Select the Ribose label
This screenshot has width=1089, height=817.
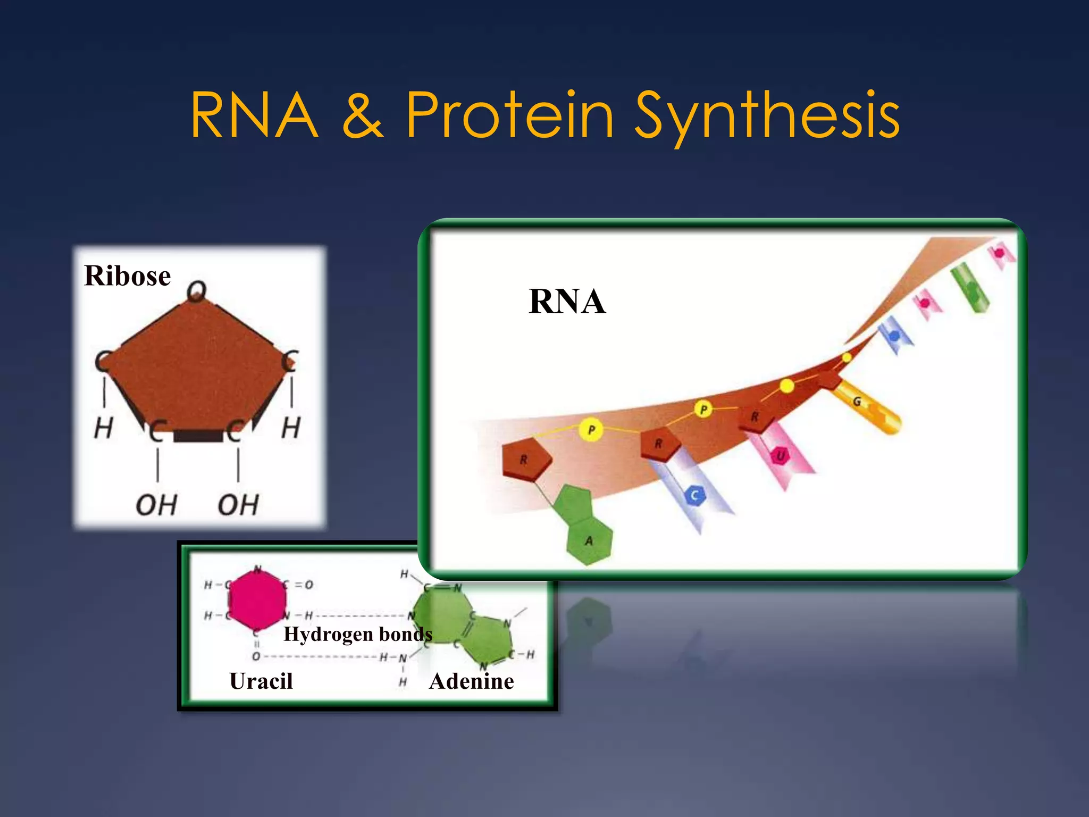[x=127, y=276]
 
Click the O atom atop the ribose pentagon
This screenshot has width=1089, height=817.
[x=196, y=291]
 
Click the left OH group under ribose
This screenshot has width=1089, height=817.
[x=156, y=505]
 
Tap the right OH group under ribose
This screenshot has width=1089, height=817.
[x=238, y=505]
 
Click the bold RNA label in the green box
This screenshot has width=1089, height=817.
[x=567, y=301]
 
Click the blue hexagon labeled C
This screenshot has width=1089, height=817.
[x=694, y=496]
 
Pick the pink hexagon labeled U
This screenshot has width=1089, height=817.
[x=780, y=456]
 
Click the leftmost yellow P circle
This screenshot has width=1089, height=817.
[x=591, y=429]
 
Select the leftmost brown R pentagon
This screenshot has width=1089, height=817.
[x=525, y=459]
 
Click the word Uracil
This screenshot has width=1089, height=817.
[x=261, y=681]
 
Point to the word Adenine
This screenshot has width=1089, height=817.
[x=471, y=681]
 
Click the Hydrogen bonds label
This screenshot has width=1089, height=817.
[x=357, y=634]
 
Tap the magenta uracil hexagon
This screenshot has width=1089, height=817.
[x=257, y=600]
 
